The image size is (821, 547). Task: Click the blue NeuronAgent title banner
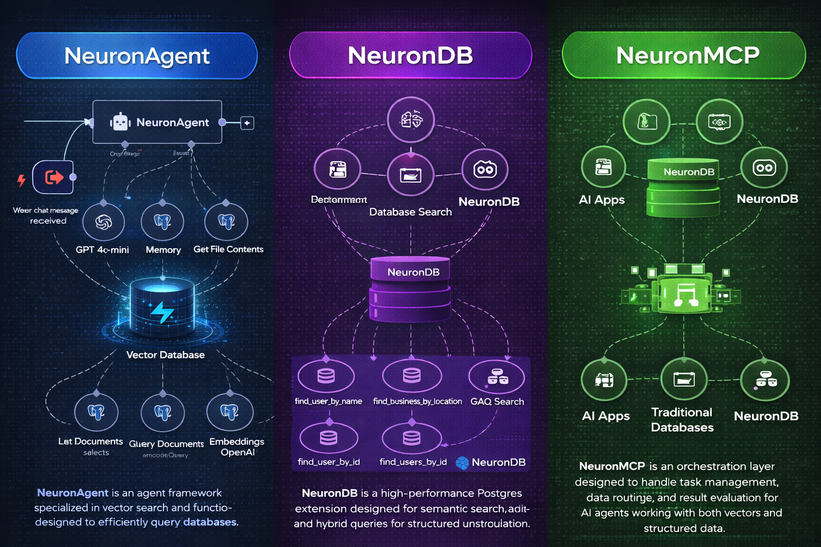click(x=137, y=56)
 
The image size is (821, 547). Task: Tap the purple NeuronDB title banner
click(x=410, y=56)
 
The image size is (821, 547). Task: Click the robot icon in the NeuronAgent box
click(x=120, y=122)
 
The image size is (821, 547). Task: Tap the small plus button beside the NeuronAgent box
click(x=247, y=123)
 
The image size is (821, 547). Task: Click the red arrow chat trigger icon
click(x=53, y=177)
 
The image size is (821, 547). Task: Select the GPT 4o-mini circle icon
click(x=104, y=222)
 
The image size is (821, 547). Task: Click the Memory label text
click(x=163, y=250)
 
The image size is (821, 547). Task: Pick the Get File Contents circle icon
click(x=226, y=221)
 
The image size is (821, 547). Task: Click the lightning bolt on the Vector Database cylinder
click(x=162, y=311)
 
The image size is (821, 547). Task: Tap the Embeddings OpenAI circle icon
click(x=230, y=412)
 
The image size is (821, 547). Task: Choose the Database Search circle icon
click(x=410, y=175)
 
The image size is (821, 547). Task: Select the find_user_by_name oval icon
click(x=326, y=376)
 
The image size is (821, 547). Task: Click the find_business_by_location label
click(x=417, y=401)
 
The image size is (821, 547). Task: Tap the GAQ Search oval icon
click(x=497, y=377)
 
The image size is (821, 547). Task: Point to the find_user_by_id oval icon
click(x=329, y=438)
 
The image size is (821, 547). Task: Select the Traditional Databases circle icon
click(x=684, y=380)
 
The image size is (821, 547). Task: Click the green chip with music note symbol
click(x=685, y=294)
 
